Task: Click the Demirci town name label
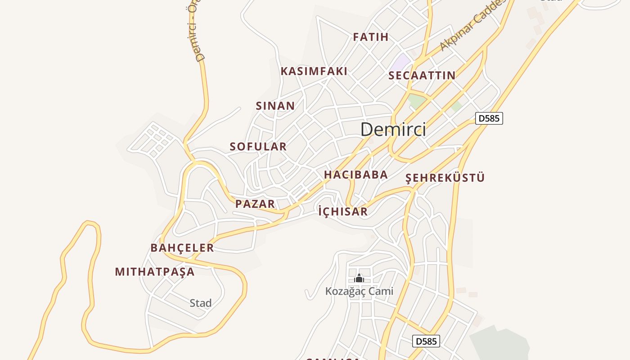click(x=393, y=130)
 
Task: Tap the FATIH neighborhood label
click(x=370, y=37)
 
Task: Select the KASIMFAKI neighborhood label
click(x=314, y=71)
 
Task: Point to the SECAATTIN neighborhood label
click(x=422, y=75)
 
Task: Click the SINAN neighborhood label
click(x=275, y=106)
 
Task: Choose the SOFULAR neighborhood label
click(x=258, y=146)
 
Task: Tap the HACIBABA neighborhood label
click(x=355, y=175)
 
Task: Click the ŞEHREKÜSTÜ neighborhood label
click(x=445, y=178)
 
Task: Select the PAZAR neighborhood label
click(x=255, y=204)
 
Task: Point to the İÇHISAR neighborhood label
click(x=342, y=211)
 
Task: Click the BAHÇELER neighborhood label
click(x=182, y=248)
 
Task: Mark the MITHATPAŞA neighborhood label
click(x=154, y=272)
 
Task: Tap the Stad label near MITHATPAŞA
click(x=200, y=303)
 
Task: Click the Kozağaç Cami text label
click(x=359, y=291)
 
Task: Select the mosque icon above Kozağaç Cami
click(x=359, y=279)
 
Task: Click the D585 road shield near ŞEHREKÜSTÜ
click(x=489, y=119)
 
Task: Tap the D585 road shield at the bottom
click(x=426, y=341)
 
